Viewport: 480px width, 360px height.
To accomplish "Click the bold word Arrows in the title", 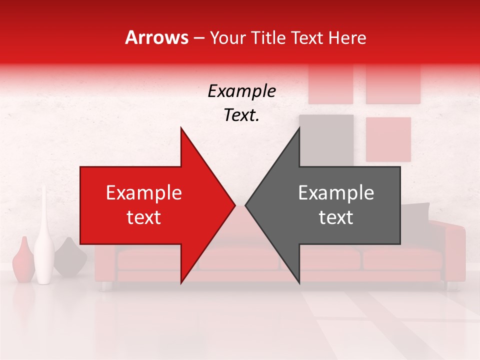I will [157, 37].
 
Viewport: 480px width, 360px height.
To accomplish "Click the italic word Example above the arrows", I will [241, 91].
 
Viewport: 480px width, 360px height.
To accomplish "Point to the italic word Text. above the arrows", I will [241, 115].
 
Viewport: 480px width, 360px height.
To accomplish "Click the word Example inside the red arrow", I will [144, 192].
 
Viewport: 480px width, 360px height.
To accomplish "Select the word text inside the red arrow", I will [144, 217].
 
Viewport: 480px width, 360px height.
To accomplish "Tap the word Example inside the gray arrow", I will [336, 192].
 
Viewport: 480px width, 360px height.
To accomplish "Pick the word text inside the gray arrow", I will [336, 217].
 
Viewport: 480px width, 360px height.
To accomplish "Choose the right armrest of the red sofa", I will [452, 250].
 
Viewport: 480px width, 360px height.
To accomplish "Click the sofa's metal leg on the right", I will [451, 286].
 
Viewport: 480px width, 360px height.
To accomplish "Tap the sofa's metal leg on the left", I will [106, 286].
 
